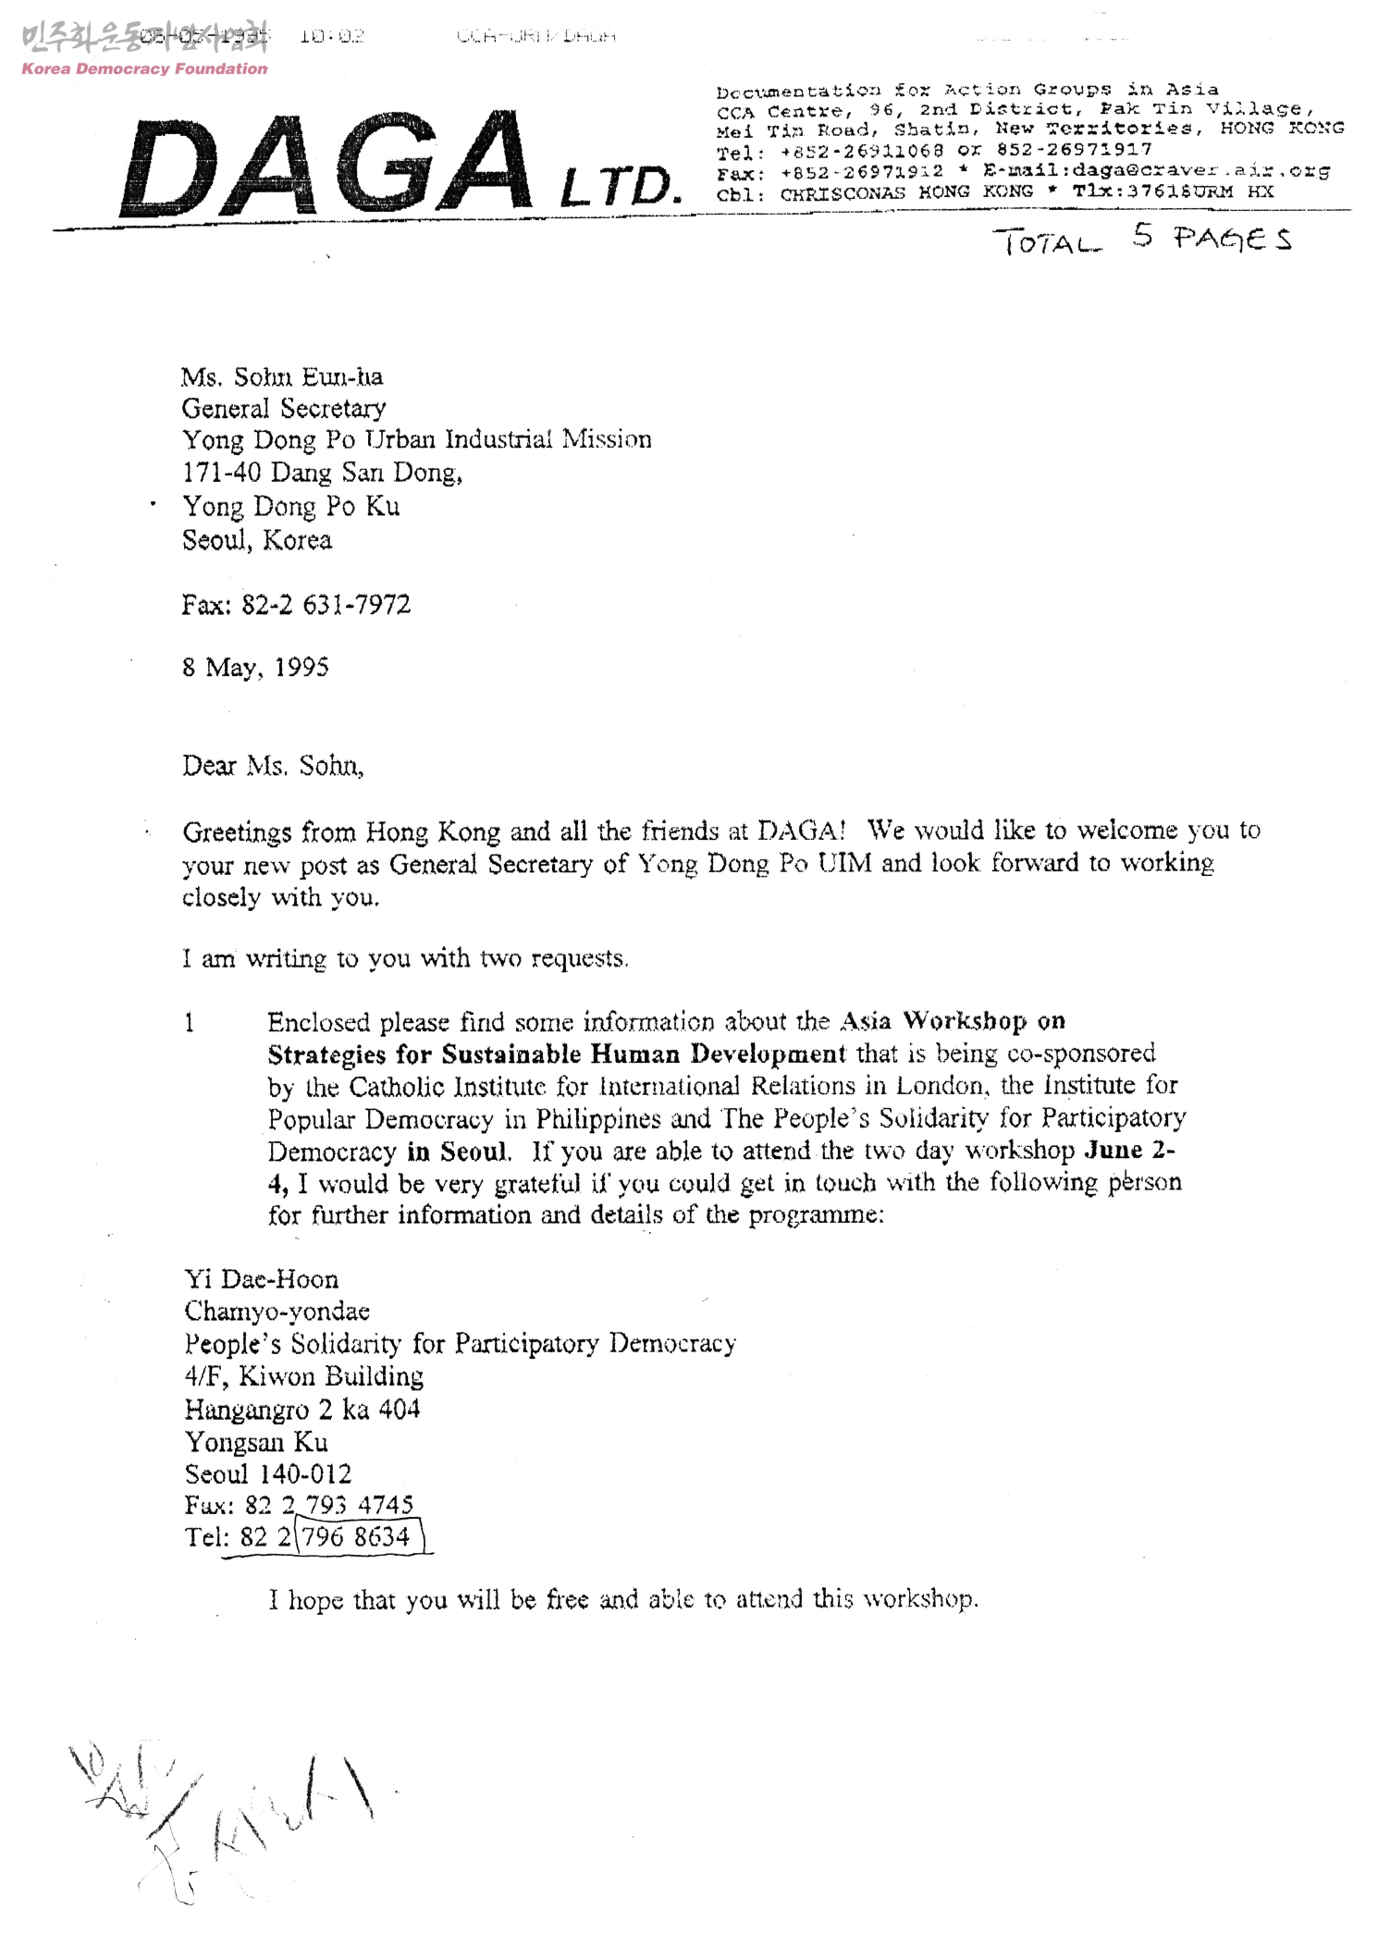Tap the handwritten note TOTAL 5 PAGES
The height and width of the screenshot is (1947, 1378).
pos(1142,240)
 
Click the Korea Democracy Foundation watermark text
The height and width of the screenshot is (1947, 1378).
pos(144,68)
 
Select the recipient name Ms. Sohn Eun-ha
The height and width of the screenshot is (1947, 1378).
pos(282,376)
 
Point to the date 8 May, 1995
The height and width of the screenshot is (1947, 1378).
pos(255,667)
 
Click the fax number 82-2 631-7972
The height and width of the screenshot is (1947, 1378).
pos(296,605)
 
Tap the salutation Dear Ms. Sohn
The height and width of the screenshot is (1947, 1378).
pos(273,766)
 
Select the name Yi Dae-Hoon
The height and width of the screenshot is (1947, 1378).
pos(262,1279)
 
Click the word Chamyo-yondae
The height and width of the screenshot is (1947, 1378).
pos(277,1311)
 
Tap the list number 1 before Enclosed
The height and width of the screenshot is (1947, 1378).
pos(190,1022)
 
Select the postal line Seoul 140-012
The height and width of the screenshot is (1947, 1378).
pos(268,1473)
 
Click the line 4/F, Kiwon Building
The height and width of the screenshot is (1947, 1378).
pos(303,1376)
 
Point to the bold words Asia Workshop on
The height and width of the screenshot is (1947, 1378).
pos(953,1021)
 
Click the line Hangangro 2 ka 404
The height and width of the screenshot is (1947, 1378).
pos(301,1409)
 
